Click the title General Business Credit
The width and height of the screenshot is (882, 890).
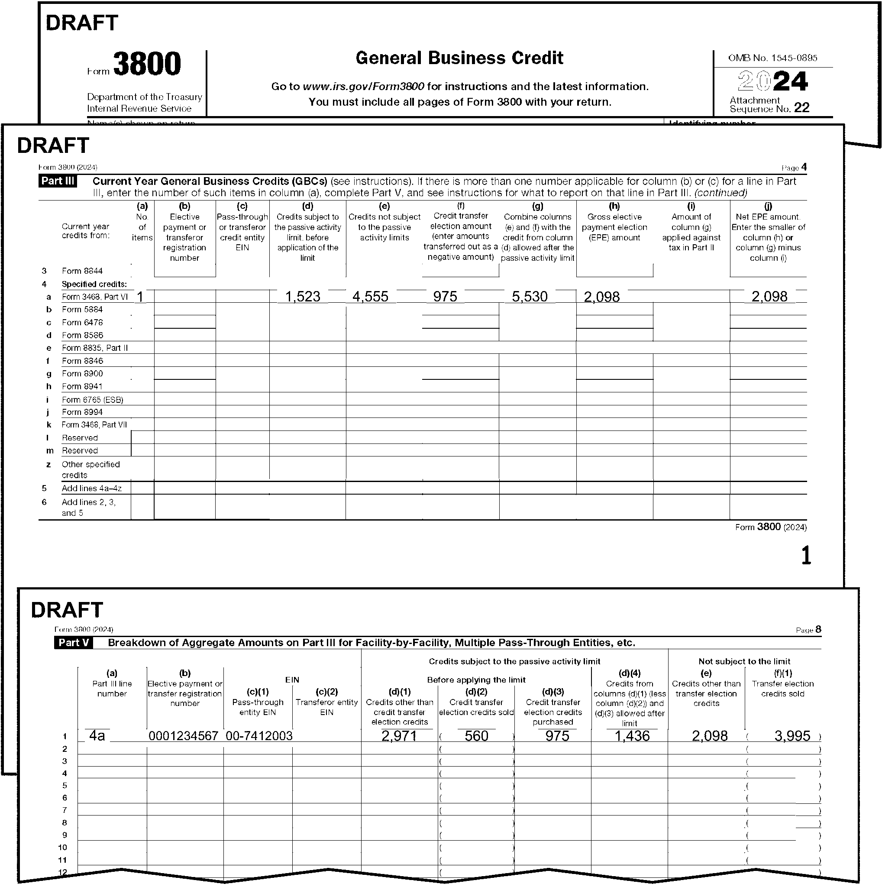click(x=459, y=58)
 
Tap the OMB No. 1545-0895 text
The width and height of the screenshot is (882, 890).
click(x=772, y=58)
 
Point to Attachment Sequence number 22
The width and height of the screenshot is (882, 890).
click(x=801, y=108)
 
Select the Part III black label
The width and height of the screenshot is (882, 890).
click(x=58, y=181)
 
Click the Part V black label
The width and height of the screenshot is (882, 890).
click(x=73, y=643)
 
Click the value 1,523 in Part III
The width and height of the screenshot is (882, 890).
click(x=303, y=297)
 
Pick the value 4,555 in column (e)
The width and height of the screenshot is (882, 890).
click(x=370, y=297)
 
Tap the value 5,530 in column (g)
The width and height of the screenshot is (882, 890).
click(x=530, y=297)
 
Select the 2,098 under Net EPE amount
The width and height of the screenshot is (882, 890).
click(x=769, y=297)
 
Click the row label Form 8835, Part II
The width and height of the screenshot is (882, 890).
click(x=95, y=348)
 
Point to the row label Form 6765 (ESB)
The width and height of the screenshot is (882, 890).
click(x=93, y=400)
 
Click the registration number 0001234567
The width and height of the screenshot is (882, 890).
click(x=183, y=736)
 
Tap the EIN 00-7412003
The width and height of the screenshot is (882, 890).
click(x=259, y=736)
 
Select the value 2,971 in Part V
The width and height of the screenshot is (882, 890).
click(x=399, y=736)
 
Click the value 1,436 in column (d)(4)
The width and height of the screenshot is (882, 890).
click(x=632, y=736)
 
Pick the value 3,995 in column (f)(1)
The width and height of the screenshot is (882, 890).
click(x=792, y=736)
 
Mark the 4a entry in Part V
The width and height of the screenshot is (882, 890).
click(x=97, y=736)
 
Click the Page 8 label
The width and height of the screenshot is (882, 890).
click(x=808, y=630)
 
